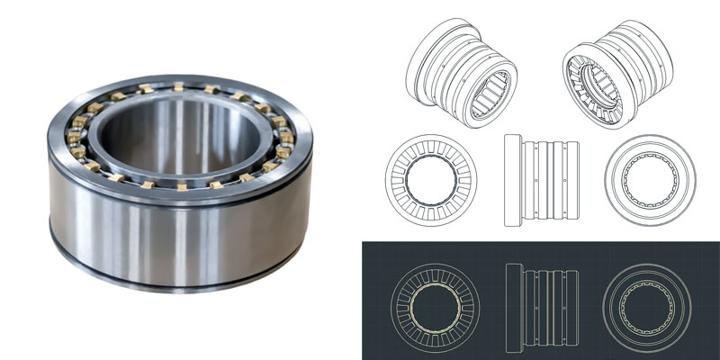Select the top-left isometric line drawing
(461, 73)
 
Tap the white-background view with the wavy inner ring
(649, 179)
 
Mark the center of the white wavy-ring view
(649, 179)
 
